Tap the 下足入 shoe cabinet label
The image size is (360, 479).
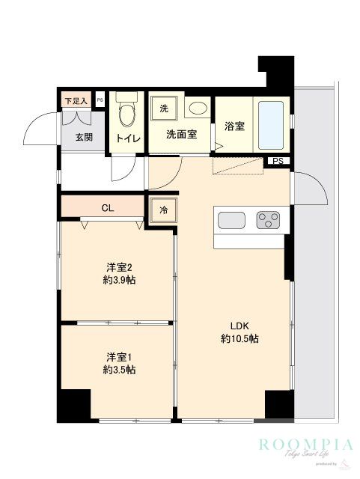75,100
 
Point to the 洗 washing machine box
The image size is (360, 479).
164,109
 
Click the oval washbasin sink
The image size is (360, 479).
198,109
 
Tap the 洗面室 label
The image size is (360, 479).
181,135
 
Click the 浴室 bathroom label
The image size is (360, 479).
234,126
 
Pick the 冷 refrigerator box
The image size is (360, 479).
163,210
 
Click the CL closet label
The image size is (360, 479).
107,207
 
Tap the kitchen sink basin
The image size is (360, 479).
231,220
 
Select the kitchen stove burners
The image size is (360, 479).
268,220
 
